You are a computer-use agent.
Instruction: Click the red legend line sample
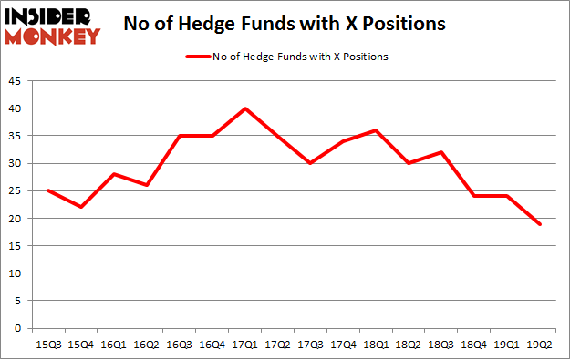click(x=199, y=57)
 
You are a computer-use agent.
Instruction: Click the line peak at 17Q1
click(x=245, y=108)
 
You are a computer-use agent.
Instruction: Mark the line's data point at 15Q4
click(x=80, y=207)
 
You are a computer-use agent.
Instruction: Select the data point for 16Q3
click(x=179, y=136)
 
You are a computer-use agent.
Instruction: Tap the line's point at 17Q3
click(x=311, y=163)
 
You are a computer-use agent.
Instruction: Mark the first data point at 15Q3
click(x=47, y=190)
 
